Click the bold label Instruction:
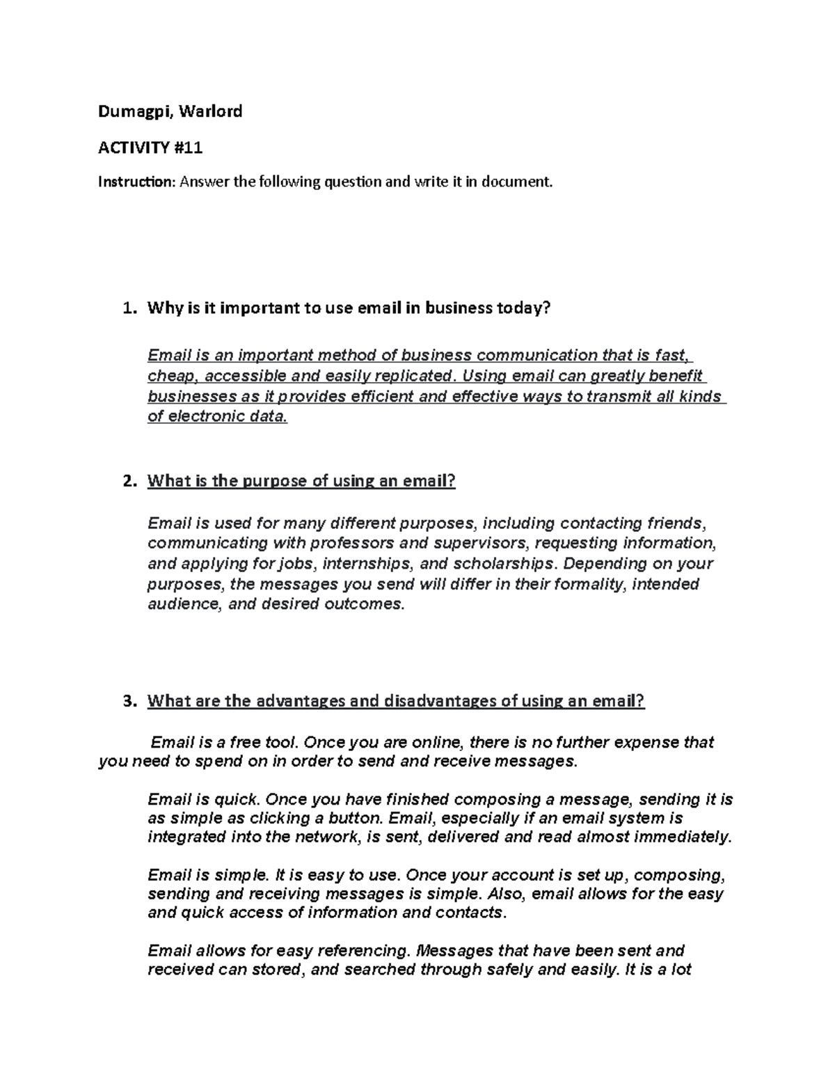tap(136, 182)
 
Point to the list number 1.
tap(127, 308)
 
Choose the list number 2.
tap(127, 481)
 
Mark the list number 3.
tap(127, 701)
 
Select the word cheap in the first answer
tap(166, 377)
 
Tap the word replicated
tap(417, 377)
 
